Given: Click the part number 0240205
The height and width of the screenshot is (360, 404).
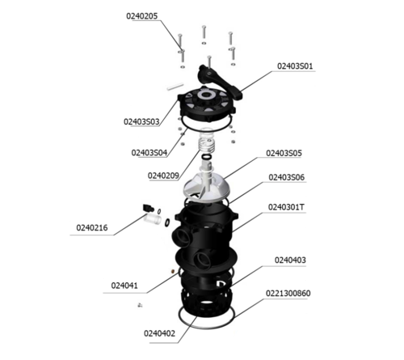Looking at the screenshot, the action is coord(142,16).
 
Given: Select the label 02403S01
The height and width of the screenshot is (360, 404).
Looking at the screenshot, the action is coord(295,66).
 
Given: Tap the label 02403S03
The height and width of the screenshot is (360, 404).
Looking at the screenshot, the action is coord(141,121).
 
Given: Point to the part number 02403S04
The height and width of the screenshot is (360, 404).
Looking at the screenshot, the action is coord(149,153).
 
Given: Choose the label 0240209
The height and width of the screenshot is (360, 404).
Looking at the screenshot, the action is coord(163,176).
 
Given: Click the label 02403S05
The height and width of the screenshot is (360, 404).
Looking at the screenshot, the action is coord(284,153).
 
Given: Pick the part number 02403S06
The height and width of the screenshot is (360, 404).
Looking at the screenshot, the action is coord(287,177).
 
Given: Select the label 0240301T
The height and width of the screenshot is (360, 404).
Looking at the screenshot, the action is coord(286,207).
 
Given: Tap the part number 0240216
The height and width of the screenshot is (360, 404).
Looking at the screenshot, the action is coord(92,228).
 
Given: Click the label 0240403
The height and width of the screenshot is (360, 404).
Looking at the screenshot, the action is coord(290,260).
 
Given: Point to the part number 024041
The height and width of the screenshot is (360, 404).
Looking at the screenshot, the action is coord(124,286).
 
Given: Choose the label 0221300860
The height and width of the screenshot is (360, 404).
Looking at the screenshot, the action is coord(288,294).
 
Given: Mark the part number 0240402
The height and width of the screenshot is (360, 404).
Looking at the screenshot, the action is coord(159,333).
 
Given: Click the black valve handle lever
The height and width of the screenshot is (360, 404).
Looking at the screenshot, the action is coord(220,81).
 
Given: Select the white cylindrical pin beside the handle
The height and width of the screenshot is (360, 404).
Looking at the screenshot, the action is coord(175,87).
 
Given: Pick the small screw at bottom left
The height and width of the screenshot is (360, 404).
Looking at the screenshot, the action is coord(140,305).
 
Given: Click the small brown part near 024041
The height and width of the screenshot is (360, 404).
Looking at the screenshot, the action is coord(173,270).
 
